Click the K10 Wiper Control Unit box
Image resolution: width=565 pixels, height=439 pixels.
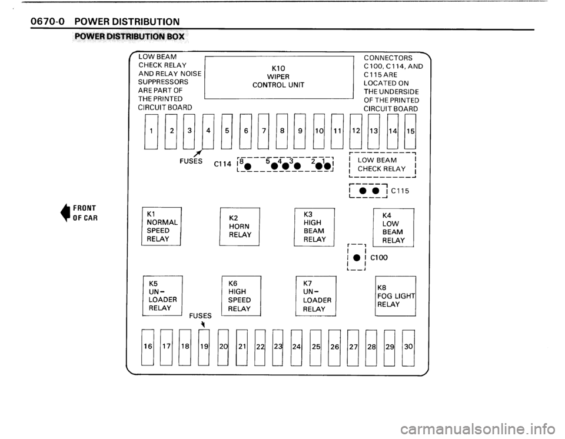pos(279,77)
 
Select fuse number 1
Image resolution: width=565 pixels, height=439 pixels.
pos(151,131)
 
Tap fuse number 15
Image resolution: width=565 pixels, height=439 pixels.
pos(410,131)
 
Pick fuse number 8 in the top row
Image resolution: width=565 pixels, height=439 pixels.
pos(282,131)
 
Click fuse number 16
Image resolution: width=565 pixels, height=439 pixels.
pos(147,347)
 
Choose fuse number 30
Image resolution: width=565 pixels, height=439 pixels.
pos(408,347)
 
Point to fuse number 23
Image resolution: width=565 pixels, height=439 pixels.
pos(278,347)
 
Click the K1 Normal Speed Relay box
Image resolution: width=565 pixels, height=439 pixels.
pos(161,227)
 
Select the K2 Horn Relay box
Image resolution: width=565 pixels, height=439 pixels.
pos(240,227)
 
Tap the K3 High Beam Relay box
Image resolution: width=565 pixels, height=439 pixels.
pos(314,227)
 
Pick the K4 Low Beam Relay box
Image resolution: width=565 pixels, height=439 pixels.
pos(394,227)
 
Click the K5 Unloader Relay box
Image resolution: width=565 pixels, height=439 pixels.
pos(162,295)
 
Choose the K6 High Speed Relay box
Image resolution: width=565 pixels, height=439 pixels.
pos(241,296)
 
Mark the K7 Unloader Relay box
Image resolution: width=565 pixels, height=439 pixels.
pos(316,296)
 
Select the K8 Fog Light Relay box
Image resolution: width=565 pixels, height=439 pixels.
pos(395,296)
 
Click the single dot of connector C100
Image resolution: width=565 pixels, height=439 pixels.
pos(357,257)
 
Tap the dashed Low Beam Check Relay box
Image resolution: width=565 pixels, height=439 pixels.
pos(383,165)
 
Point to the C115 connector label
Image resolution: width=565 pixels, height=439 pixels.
pos(400,191)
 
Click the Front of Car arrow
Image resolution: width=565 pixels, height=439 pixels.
pos(65,212)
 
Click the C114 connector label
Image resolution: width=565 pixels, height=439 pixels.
pos(222,164)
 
